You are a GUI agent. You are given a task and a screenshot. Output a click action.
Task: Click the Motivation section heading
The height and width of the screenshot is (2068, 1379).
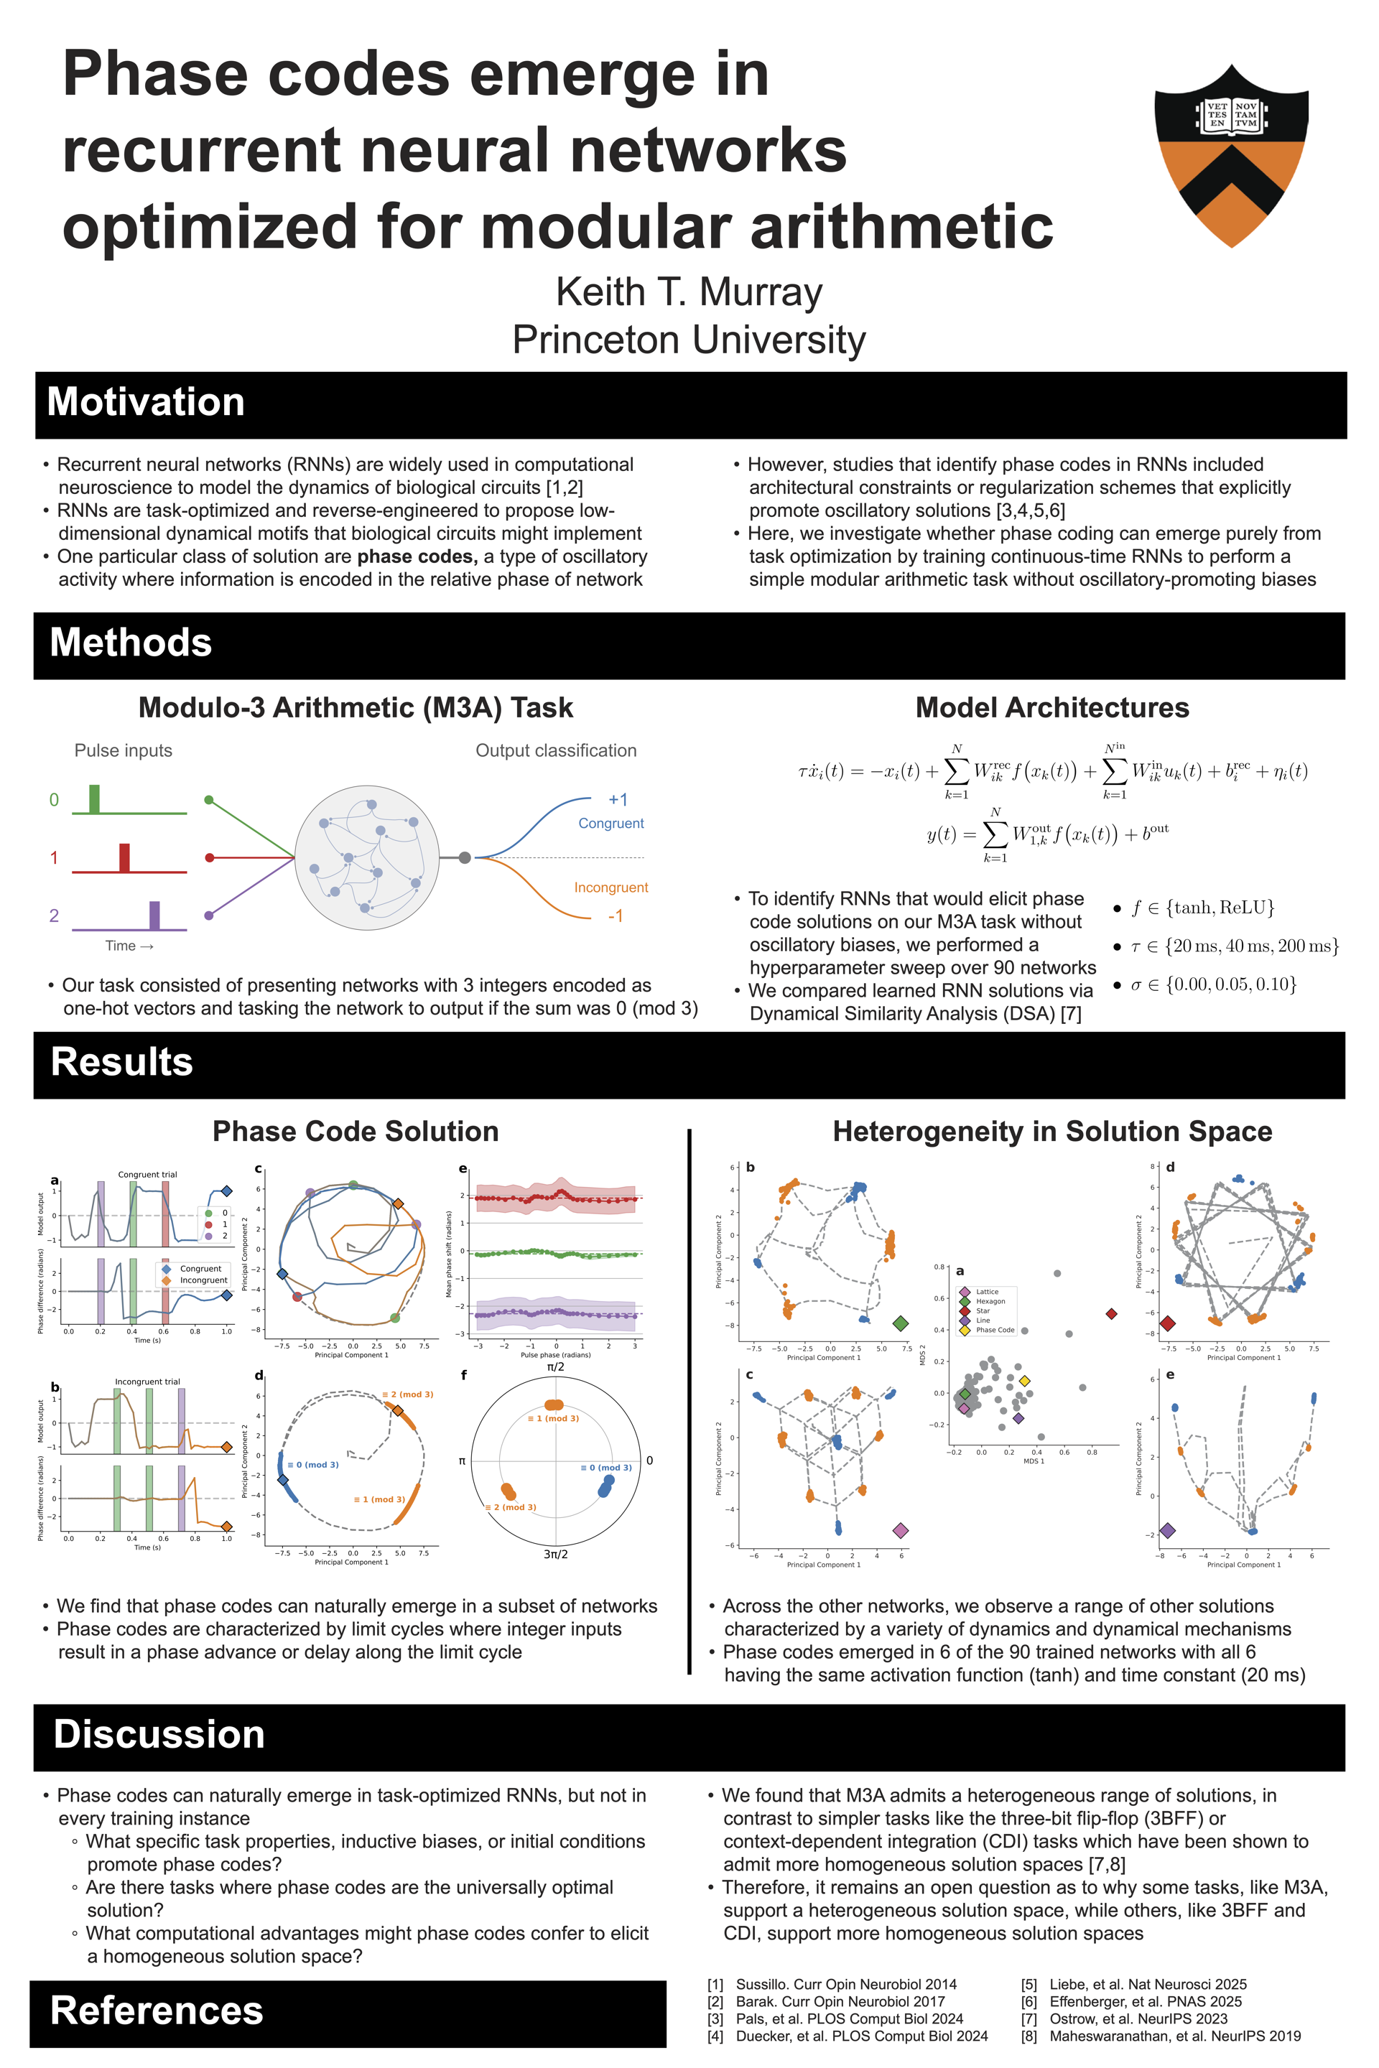pos(146,402)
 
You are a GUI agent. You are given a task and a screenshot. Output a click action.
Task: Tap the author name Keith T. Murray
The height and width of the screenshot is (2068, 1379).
pos(689,292)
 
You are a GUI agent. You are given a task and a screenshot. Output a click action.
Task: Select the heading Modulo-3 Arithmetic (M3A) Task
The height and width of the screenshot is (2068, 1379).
pos(356,708)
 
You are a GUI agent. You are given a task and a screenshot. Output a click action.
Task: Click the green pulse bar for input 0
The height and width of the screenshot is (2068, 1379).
pos(94,798)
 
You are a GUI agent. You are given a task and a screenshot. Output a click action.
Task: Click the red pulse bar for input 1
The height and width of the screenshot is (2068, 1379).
pos(125,857)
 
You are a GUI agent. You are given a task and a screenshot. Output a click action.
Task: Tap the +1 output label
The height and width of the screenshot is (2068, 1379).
pos(618,799)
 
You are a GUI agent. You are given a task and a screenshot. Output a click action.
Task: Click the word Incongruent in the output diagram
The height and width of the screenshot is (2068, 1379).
pos(610,888)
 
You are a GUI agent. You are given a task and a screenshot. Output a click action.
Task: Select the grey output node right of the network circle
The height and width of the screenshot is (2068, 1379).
pos(465,857)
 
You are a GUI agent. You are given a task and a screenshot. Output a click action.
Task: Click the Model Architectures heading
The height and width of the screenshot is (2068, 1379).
pos(1051,708)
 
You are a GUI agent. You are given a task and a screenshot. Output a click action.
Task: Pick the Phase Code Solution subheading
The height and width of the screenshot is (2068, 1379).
pos(356,1131)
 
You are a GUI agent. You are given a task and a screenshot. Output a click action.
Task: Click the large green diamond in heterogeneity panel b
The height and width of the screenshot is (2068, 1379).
pos(900,1323)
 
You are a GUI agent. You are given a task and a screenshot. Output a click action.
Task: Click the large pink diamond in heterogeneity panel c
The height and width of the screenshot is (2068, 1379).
pos(900,1531)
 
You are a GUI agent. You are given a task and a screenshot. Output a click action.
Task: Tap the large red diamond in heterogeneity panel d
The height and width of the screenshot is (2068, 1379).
pos(1167,1323)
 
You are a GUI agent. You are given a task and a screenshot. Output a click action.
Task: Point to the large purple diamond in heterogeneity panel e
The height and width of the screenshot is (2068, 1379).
pos(1167,1531)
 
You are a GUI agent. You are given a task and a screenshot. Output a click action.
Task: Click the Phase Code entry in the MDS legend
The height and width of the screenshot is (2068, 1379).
pos(994,1329)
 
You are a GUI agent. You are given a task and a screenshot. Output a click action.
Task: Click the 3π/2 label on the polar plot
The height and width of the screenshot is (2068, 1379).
pos(556,1554)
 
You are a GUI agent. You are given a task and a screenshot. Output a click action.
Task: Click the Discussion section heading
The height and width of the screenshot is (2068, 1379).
pos(159,1734)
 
